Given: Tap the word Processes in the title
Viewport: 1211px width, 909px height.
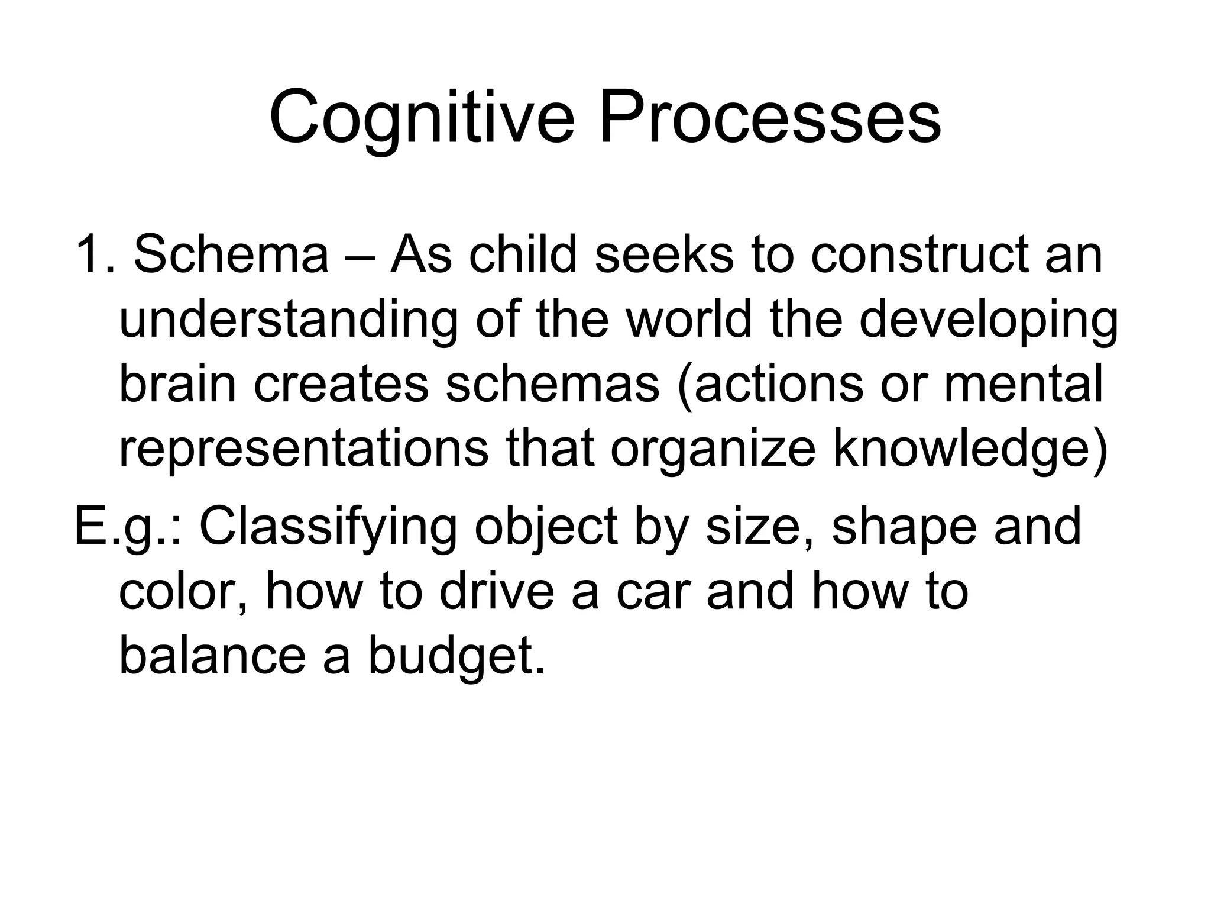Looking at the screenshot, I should [x=770, y=117].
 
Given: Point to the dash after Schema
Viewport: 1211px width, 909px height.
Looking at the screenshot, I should [x=358, y=256].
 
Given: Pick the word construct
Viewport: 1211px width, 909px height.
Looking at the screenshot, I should [x=919, y=256].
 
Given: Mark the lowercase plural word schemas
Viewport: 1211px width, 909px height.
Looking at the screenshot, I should [x=552, y=385].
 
